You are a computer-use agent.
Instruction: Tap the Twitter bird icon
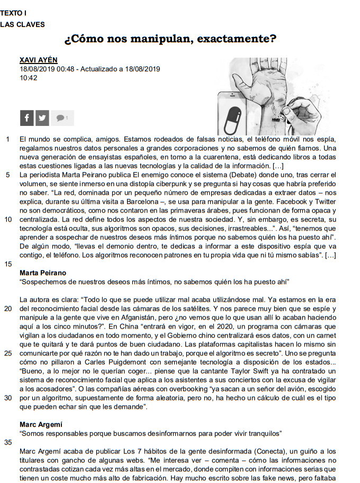tap(42, 118)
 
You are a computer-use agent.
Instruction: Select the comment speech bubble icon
tap(61, 117)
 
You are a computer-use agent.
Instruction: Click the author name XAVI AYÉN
tap(38, 60)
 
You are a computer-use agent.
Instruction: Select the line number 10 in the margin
tap(8, 218)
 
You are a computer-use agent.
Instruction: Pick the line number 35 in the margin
tap(8, 442)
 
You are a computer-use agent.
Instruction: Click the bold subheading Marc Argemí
tap(41, 425)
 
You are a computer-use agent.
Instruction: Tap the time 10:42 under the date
tap(29, 77)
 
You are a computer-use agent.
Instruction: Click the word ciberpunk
tap(169, 183)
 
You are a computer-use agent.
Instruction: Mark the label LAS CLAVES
tap(22, 24)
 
